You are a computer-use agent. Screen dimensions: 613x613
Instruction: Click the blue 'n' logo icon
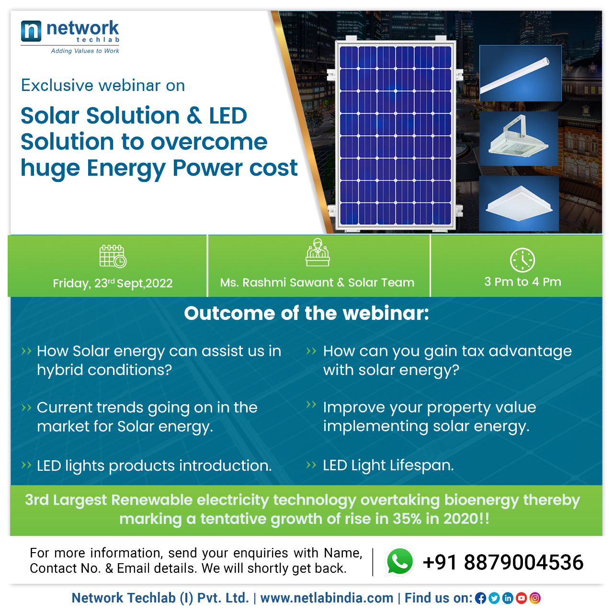pyautogui.click(x=31, y=31)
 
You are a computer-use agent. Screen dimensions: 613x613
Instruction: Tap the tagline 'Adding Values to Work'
pyautogui.click(x=85, y=51)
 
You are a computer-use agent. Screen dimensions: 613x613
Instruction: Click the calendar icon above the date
pyautogui.click(x=113, y=256)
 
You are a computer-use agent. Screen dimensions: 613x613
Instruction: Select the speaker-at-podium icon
pyautogui.click(x=318, y=252)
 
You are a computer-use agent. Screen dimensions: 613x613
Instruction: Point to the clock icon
pyautogui.click(x=522, y=260)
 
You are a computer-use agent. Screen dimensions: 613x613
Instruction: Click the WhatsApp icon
pyautogui.click(x=399, y=562)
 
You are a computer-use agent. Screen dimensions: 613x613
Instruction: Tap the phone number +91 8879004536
pyautogui.click(x=503, y=562)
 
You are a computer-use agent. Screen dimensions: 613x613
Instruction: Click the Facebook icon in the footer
pyautogui.click(x=480, y=598)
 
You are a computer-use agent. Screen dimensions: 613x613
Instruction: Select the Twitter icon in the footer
pyautogui.click(x=494, y=598)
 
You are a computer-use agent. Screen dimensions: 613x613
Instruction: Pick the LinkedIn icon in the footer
pyautogui.click(x=508, y=598)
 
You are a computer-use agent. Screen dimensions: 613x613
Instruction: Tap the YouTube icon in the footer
pyautogui.click(x=522, y=598)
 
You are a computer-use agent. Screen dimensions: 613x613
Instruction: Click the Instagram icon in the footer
pyautogui.click(x=535, y=598)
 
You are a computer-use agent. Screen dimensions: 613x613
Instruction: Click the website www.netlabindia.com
pyautogui.click(x=327, y=598)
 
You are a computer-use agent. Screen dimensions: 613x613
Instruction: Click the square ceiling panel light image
pyautogui.click(x=519, y=204)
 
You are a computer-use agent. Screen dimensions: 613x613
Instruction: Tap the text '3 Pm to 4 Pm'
pyautogui.click(x=522, y=282)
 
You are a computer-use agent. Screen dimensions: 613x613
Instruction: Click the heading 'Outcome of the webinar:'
pyautogui.click(x=306, y=313)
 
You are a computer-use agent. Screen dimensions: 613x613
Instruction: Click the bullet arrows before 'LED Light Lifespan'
pyautogui.click(x=311, y=465)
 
